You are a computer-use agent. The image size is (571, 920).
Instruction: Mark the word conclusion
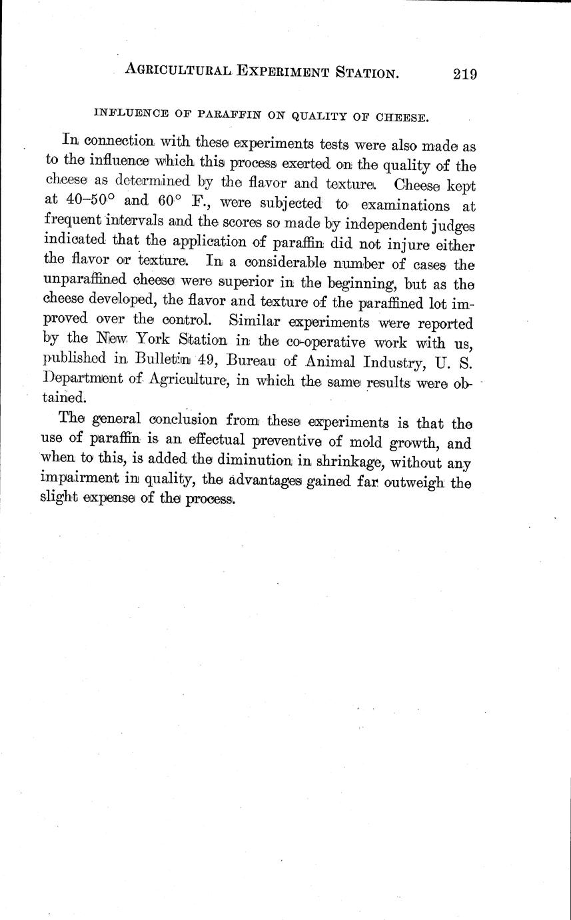[x=203, y=420]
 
